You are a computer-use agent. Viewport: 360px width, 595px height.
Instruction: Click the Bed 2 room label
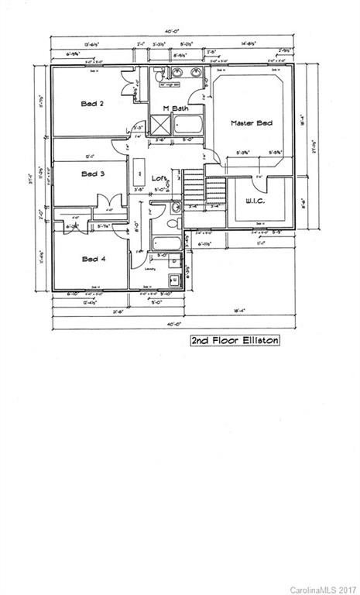[93, 104]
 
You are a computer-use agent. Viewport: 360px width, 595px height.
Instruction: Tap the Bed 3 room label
[93, 174]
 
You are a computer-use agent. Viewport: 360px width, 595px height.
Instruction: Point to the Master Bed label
[251, 123]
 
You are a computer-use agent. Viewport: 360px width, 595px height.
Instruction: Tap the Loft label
[159, 177]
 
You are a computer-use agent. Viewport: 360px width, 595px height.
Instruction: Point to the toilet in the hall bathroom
[174, 207]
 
